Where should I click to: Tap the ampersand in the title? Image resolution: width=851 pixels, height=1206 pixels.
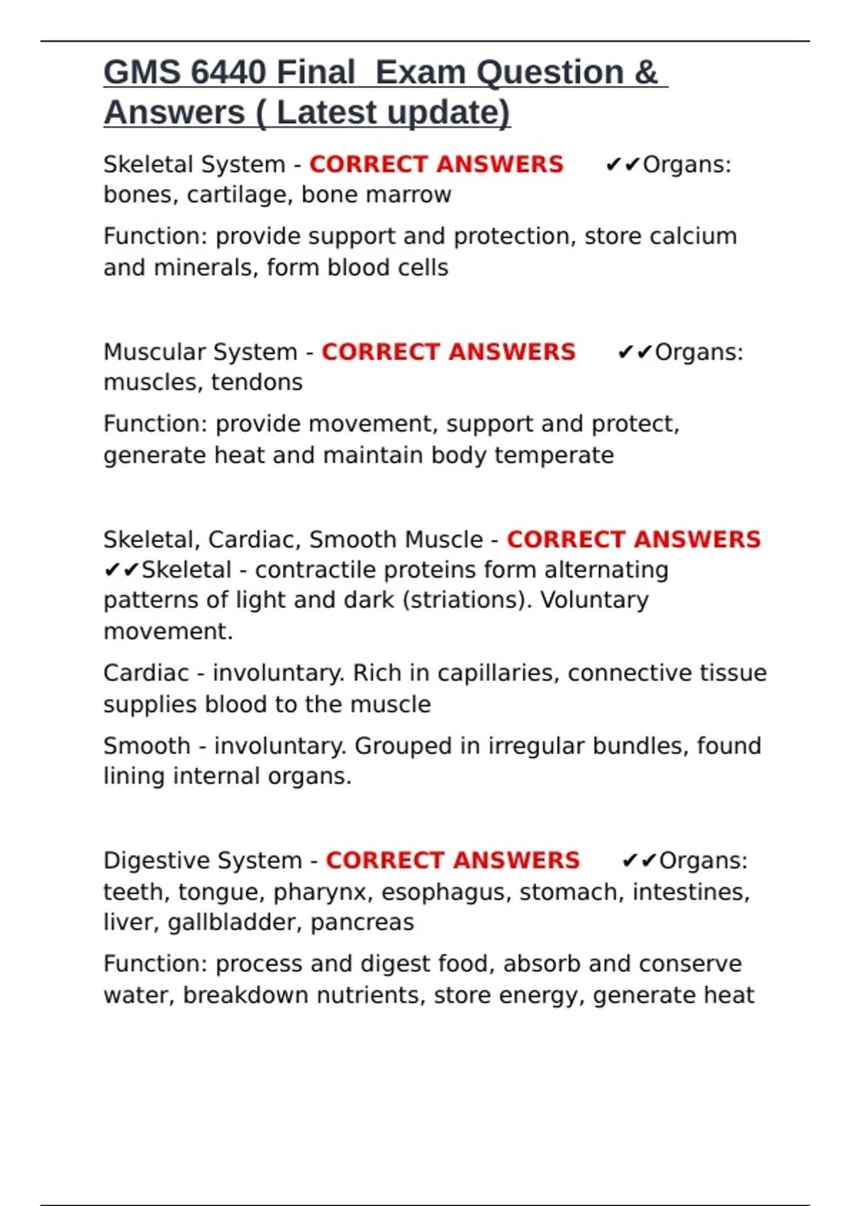[x=646, y=72]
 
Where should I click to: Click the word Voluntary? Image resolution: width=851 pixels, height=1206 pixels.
[x=594, y=600]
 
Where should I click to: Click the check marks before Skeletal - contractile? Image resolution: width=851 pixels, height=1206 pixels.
[x=121, y=570]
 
